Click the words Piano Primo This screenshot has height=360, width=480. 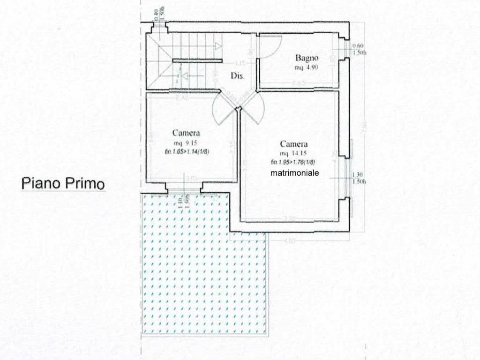[63, 183]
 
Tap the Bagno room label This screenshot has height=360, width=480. [307, 58]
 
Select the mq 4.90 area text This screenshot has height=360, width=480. [307, 68]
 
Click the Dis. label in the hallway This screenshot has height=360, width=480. [237, 76]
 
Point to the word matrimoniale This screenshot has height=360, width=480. [295, 173]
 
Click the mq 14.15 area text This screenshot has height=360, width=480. [294, 153]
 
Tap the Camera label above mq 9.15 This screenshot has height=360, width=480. [186, 133]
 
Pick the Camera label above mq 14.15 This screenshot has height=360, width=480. [294, 144]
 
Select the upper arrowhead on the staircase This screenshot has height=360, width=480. [218, 45]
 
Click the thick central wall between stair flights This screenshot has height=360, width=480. [197, 60]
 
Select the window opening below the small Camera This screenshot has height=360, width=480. [184, 189]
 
